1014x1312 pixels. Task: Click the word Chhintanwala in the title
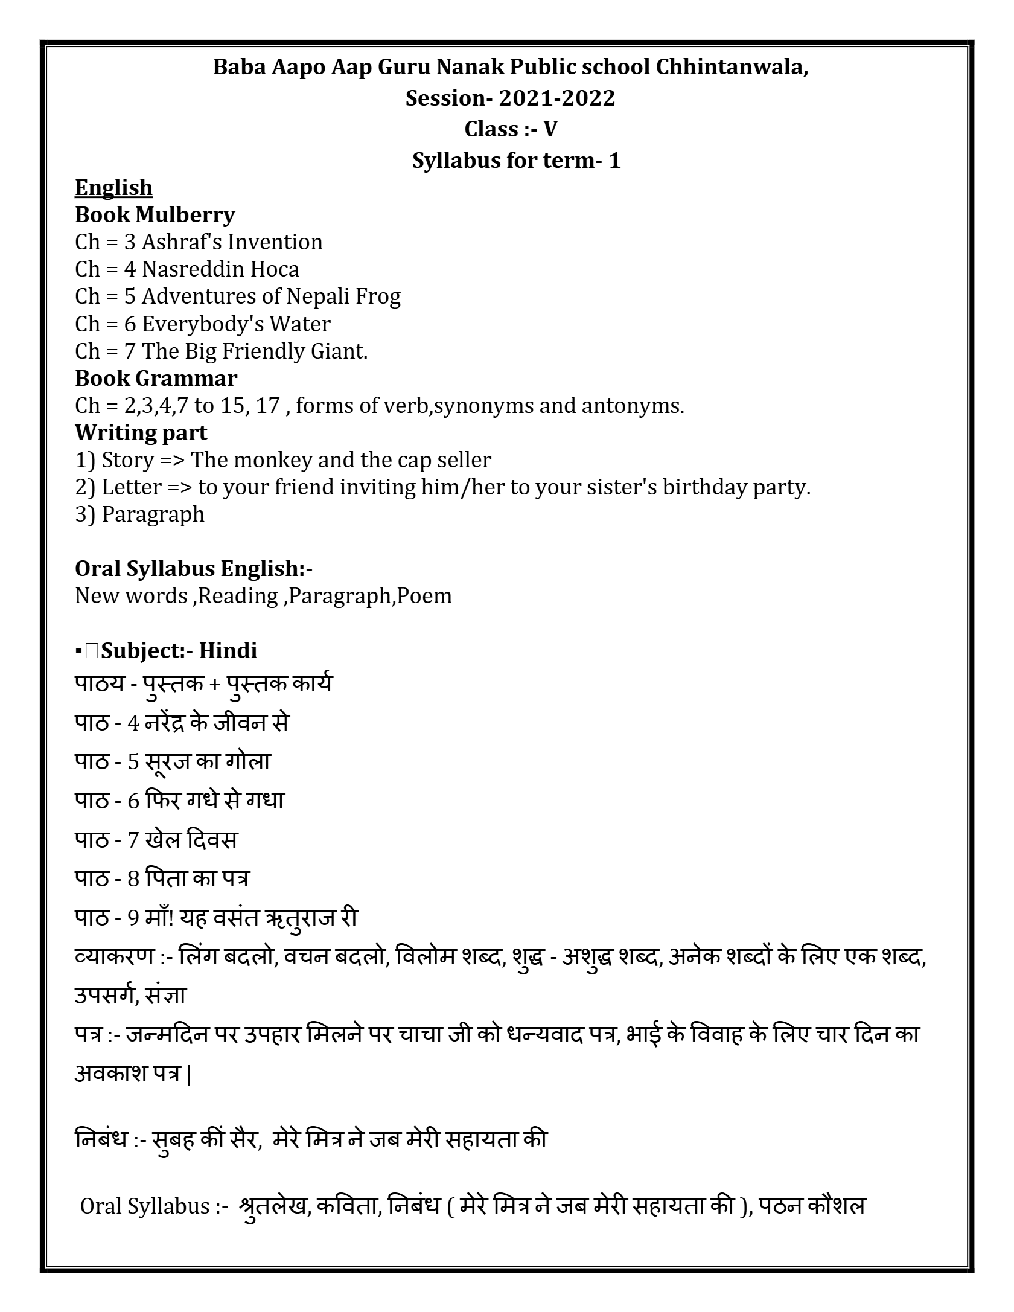tap(732, 67)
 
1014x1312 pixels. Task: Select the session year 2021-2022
tap(556, 98)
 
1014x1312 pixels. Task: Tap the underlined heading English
tap(113, 187)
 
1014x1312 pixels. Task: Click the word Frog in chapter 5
tap(378, 296)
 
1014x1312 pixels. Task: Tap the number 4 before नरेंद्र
tap(133, 723)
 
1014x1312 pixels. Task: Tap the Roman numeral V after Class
tap(550, 129)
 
